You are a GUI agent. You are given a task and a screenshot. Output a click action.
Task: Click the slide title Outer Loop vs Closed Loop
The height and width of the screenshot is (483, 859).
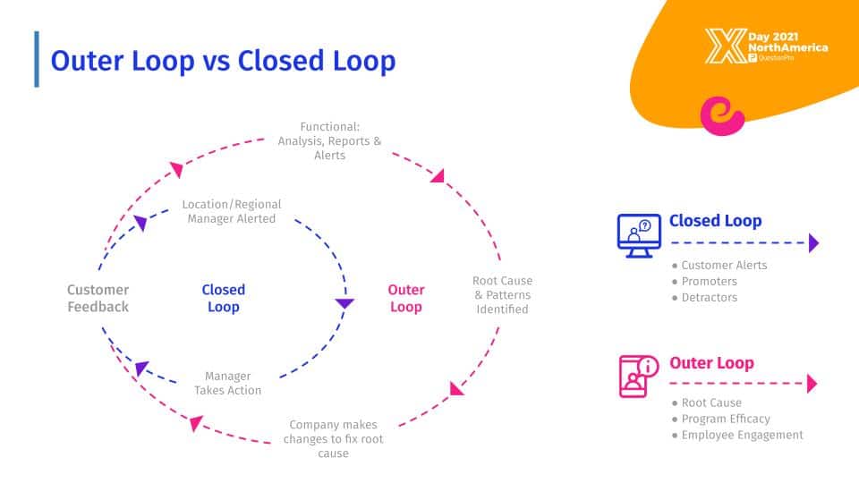(x=223, y=60)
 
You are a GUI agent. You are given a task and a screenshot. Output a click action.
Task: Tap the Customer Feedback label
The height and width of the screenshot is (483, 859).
(x=98, y=298)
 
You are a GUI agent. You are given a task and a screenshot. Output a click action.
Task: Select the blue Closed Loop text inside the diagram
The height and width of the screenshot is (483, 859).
(x=223, y=298)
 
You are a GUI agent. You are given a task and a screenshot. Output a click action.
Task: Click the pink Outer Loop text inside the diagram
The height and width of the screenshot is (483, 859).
(x=405, y=298)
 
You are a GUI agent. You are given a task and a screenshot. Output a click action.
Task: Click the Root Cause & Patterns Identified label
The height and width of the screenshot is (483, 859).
(x=502, y=295)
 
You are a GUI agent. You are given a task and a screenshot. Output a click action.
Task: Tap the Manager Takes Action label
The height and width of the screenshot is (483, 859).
(x=228, y=383)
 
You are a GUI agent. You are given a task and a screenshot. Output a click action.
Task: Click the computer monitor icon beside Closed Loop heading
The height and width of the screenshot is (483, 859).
(x=638, y=235)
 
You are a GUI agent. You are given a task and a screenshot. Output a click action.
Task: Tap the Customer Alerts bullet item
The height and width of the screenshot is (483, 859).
(x=724, y=265)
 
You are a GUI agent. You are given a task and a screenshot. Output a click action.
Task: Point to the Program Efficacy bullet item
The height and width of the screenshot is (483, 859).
(x=725, y=419)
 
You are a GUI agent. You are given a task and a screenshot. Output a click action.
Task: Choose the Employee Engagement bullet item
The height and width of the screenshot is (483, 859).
(x=742, y=435)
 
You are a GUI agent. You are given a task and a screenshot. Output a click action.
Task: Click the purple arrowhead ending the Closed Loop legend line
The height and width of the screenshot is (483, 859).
(x=813, y=242)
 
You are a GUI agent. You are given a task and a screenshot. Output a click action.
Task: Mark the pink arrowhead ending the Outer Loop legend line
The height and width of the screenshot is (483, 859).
(x=812, y=384)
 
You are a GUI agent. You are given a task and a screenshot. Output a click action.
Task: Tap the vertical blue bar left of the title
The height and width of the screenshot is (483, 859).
(x=37, y=59)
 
